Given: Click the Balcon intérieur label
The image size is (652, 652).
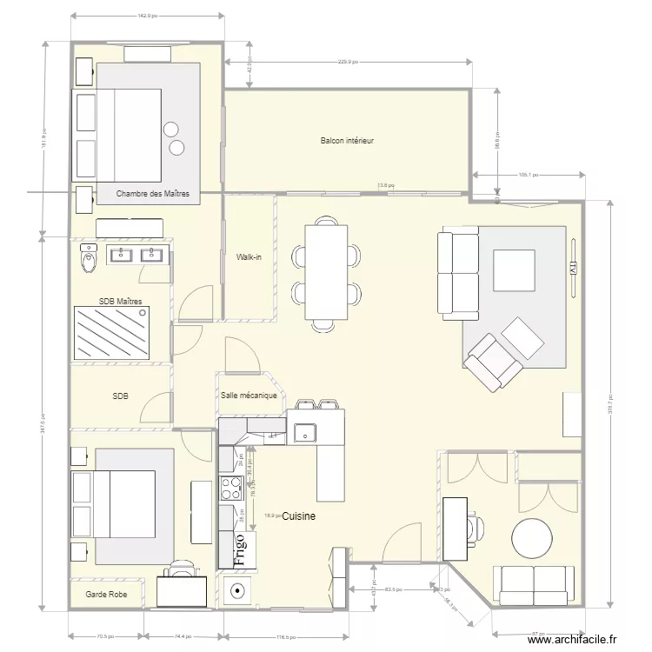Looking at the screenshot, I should (x=347, y=140).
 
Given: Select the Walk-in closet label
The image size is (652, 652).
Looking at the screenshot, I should (x=249, y=257).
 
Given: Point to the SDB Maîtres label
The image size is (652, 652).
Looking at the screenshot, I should (x=121, y=301).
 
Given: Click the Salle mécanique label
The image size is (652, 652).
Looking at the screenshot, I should (x=249, y=396).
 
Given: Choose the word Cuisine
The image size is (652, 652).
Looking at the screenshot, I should (x=298, y=516).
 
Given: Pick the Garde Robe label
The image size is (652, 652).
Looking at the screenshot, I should (x=105, y=595).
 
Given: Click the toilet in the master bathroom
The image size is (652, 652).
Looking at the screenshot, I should (x=88, y=258).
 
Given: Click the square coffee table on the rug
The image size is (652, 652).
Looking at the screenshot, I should (x=514, y=269).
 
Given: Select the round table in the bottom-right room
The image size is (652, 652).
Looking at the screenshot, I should (x=532, y=539).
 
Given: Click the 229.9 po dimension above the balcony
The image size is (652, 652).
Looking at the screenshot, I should (x=348, y=62).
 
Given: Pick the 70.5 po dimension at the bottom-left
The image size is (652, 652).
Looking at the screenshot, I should (x=105, y=636).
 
